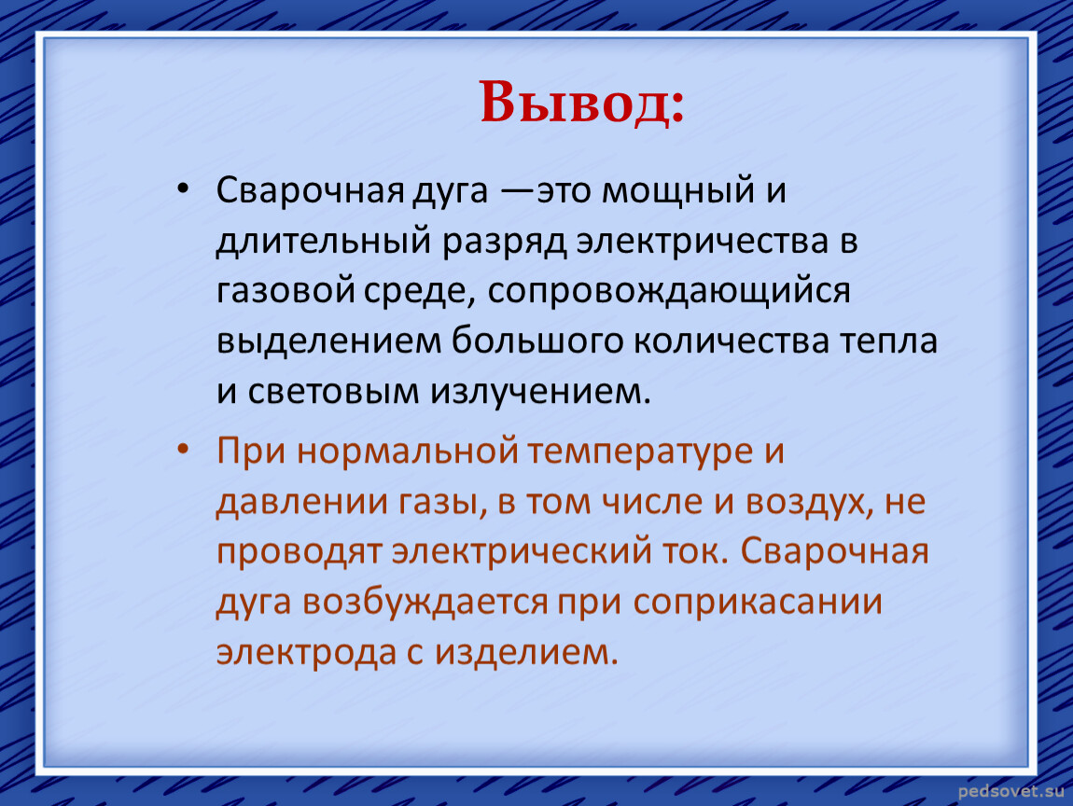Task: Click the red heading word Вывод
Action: pyautogui.click(x=581, y=103)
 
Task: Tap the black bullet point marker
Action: pyautogui.click(x=182, y=188)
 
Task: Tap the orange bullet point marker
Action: pyautogui.click(x=182, y=449)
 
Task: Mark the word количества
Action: pyautogui.click(x=731, y=340)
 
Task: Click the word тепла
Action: pyautogui.click(x=888, y=340)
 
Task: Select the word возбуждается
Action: pyautogui.click(x=425, y=603)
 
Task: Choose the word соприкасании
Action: pyautogui.click(x=758, y=603)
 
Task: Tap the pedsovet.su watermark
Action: pyautogui.click(x=1011, y=792)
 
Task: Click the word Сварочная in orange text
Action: pyautogui.click(x=834, y=552)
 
